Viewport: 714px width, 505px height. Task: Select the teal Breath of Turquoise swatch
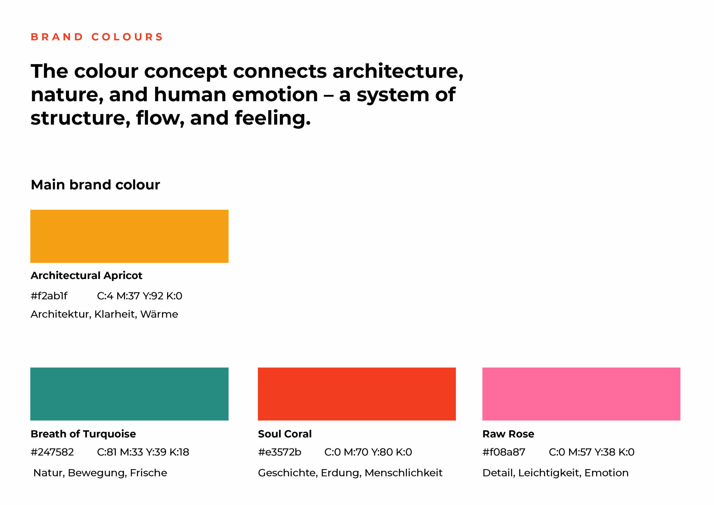129,394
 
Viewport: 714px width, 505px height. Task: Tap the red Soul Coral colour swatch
357,394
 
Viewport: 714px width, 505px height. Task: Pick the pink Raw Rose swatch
581,394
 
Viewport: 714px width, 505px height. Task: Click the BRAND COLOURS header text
97,37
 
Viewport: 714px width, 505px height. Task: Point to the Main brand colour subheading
95,185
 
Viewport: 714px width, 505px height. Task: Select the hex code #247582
52,452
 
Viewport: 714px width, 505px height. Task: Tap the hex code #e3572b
279,452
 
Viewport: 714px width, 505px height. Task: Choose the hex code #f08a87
504,452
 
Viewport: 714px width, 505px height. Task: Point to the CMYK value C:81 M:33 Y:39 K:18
143,452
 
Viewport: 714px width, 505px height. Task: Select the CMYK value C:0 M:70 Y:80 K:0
368,452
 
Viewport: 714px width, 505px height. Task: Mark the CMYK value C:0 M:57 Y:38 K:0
592,452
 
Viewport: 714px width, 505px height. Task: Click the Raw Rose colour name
508,434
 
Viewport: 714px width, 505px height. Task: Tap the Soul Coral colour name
285,434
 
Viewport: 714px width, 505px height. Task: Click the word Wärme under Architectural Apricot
159,314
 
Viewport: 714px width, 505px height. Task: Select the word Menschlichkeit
404,473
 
